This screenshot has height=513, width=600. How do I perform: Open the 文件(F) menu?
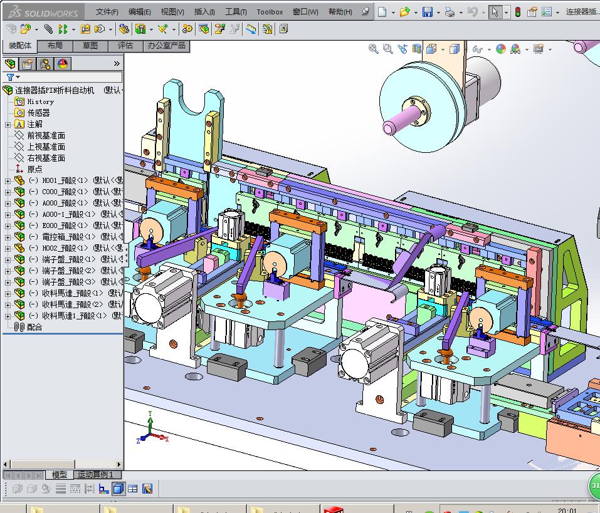tap(107, 11)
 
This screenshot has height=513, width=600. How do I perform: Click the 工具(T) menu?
tap(236, 11)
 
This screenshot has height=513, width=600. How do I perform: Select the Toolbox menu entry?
tap(270, 11)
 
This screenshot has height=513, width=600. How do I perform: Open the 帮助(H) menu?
tap(340, 11)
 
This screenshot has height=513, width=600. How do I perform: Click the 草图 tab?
tap(90, 46)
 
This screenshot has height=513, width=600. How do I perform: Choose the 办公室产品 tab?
tap(166, 46)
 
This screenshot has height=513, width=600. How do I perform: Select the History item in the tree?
tap(40, 101)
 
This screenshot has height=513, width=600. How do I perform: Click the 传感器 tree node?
tap(38, 113)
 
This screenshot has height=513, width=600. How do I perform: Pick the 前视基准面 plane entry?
tap(46, 135)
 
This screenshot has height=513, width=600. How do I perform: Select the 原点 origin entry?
tap(34, 169)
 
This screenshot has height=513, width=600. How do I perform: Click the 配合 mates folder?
tap(34, 327)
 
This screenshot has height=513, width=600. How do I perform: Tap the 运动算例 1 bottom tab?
tap(95, 475)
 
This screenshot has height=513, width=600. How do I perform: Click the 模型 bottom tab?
tap(59, 475)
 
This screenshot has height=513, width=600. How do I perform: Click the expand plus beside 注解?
tap(8, 125)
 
